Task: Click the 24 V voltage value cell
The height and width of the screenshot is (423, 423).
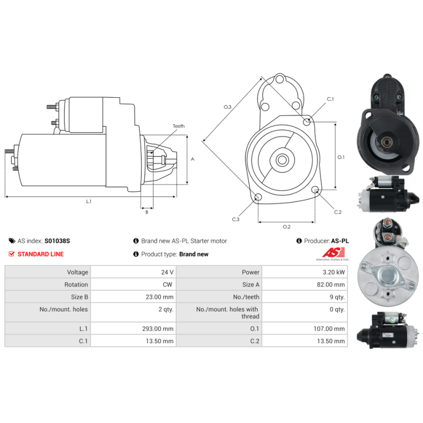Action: tap(167, 272)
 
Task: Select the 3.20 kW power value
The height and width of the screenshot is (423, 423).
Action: tap(334, 272)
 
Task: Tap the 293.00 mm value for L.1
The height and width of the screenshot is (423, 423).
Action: tap(158, 329)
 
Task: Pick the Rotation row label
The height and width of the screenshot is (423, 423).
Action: tap(76, 284)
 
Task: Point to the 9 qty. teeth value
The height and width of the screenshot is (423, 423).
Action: tap(337, 297)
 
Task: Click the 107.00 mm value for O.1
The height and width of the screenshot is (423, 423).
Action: tap(329, 329)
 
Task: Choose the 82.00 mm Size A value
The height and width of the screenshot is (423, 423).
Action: tap(331, 284)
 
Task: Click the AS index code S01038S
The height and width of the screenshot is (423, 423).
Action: tap(57, 241)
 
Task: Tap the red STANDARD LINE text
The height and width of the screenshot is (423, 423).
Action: tap(41, 254)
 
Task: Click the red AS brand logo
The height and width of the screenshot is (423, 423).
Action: tap(334, 253)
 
